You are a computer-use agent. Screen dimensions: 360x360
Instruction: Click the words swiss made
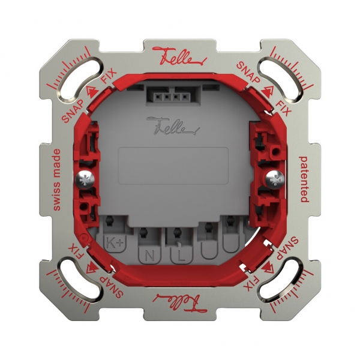click(x=58, y=179)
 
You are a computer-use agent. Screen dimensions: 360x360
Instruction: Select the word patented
click(x=304, y=179)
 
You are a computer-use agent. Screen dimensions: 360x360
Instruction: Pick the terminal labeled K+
click(x=115, y=242)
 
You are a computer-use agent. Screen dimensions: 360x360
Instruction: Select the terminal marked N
click(x=148, y=255)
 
